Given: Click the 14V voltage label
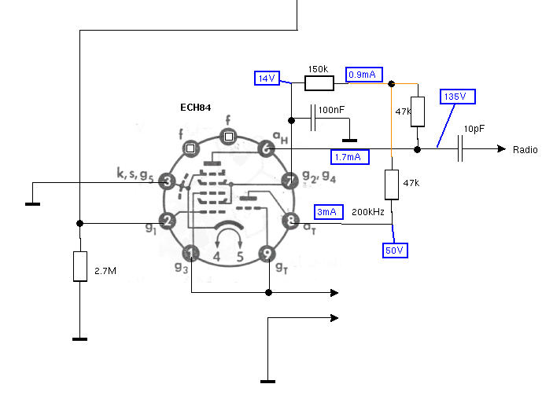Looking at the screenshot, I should (266, 78).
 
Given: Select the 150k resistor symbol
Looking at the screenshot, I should (319, 82).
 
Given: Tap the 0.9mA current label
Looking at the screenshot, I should (365, 75).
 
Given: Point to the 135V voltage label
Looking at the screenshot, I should (455, 97).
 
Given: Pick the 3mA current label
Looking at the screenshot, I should (326, 213).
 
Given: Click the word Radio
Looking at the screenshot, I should (525, 150).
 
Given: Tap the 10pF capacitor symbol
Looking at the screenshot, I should (462, 148).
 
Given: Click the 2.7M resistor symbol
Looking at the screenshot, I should (79, 267).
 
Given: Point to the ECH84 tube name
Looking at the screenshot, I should (195, 107).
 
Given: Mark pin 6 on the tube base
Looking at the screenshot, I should (267, 148).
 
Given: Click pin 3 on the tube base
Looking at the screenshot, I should (167, 181).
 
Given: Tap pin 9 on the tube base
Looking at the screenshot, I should (268, 253).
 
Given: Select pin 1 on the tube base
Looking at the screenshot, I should (191, 253).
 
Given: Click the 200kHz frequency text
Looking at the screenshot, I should (368, 212).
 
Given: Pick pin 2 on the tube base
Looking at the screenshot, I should (167, 221).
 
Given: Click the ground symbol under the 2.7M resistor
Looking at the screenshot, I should (79, 338).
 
